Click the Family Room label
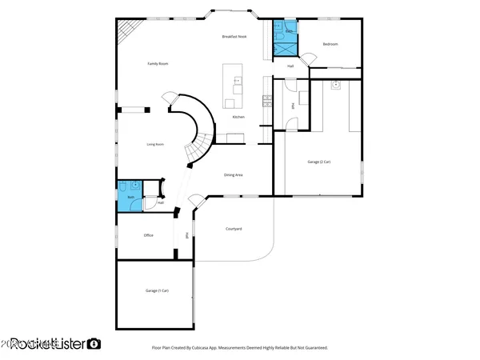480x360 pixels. coord(157,64)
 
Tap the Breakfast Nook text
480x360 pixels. coord(234,38)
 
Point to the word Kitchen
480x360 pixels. coord(238,118)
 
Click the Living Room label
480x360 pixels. coord(155,145)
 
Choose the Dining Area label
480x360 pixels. coord(234,174)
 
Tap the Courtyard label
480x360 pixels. coord(234,229)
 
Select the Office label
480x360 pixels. coord(148,235)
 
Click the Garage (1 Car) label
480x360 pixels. coord(157,290)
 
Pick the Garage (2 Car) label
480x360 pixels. coord(320,162)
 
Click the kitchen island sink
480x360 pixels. coord(236,81)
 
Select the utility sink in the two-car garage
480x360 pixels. coord(337,84)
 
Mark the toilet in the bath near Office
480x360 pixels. coord(136,186)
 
